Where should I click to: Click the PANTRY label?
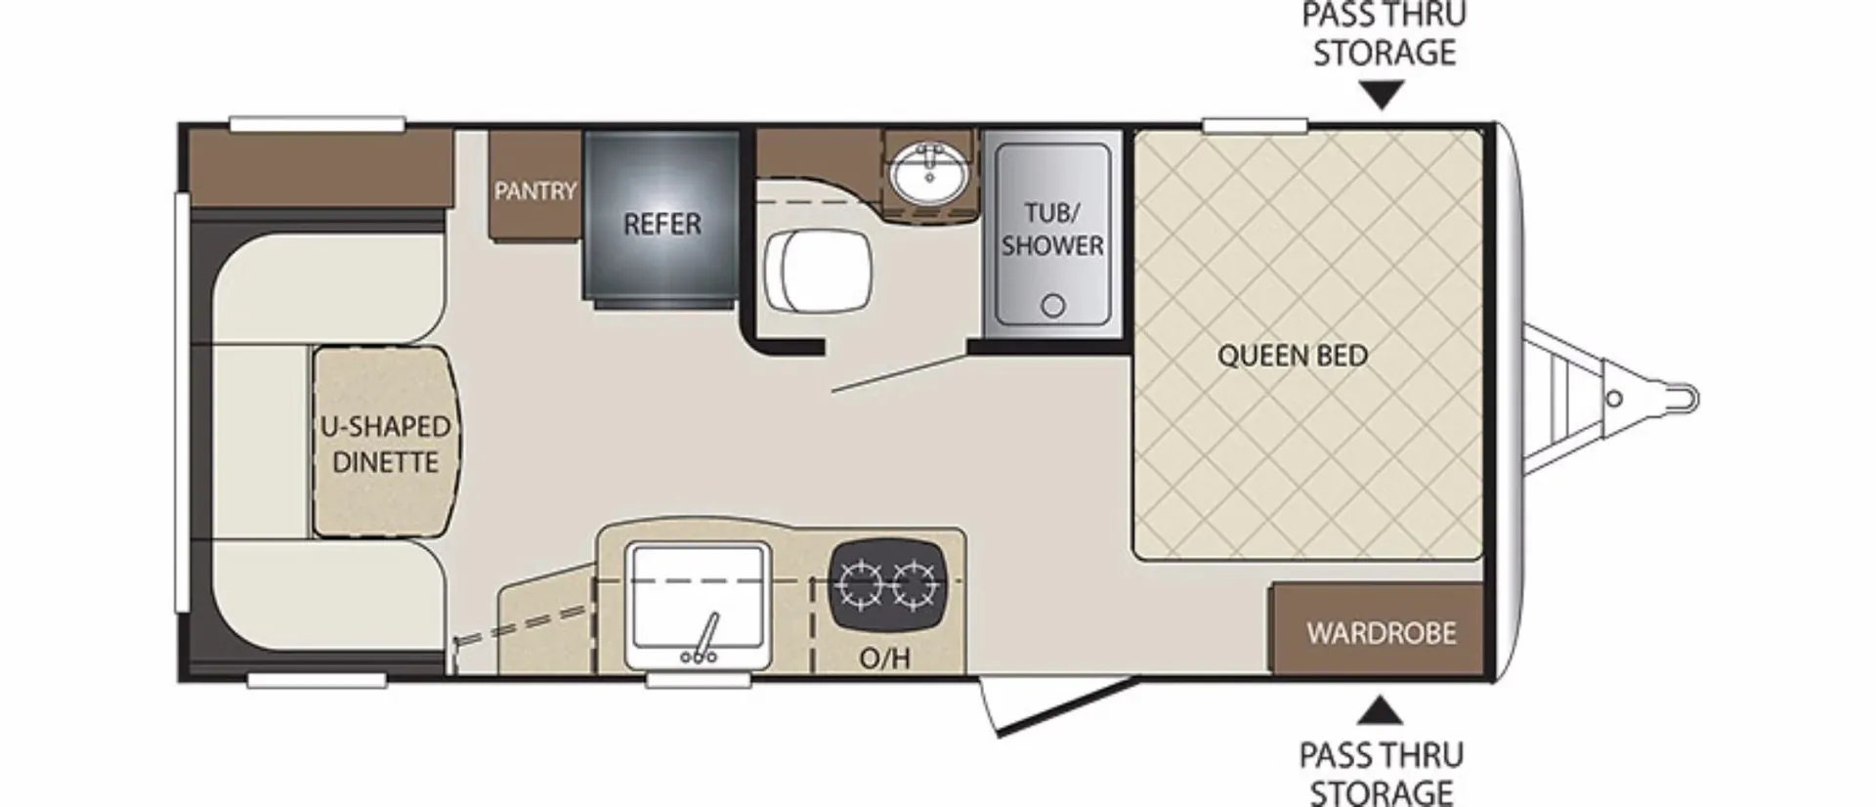click(535, 191)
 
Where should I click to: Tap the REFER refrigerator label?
click(662, 224)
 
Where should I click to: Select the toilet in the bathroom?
click(817, 271)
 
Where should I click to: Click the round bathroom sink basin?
click(928, 174)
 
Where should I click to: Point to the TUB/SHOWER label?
click(1052, 229)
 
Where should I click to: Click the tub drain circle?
click(1052, 306)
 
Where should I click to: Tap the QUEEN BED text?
click(1292, 356)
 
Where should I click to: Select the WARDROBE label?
click(1382, 633)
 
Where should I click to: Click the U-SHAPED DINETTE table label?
click(386, 445)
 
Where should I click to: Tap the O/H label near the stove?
click(884, 658)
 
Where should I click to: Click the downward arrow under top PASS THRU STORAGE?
click(1383, 96)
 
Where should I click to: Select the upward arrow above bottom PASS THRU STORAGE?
click(1380, 710)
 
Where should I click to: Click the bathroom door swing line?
click(900, 373)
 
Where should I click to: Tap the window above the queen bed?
click(1255, 125)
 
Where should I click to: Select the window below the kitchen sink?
click(696, 680)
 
